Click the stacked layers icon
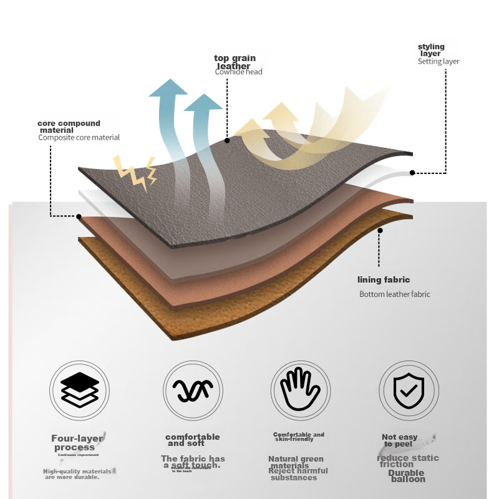point(80,390)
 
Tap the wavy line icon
point(193,390)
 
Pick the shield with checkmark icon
point(409,390)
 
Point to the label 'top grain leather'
point(235,62)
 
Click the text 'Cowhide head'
point(239,72)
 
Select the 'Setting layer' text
point(438,62)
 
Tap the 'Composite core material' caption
point(79,137)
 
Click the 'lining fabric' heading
point(384,280)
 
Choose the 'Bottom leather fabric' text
point(395,294)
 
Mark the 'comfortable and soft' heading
point(192,440)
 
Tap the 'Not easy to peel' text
point(399,440)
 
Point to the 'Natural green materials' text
point(296,462)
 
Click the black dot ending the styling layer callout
point(412,172)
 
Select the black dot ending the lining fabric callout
point(380,230)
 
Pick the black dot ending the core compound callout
point(79,217)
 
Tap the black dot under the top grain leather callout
point(227,140)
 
